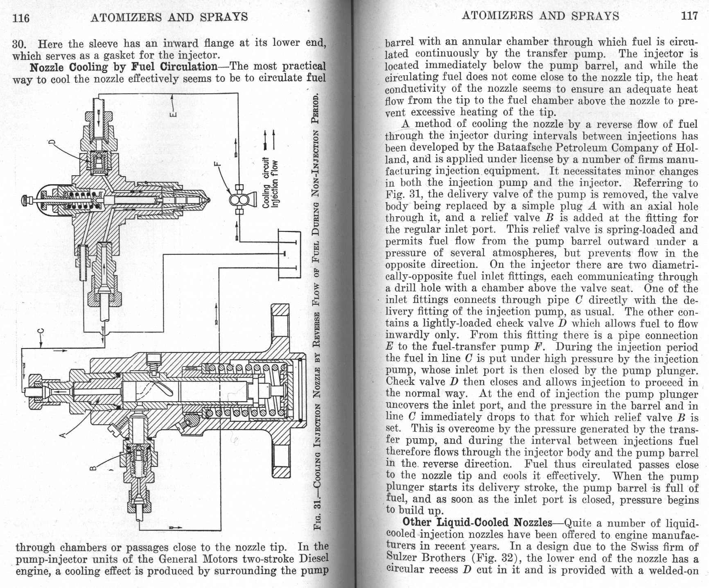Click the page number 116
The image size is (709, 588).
[x=21, y=18]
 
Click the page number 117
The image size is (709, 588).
[x=689, y=16]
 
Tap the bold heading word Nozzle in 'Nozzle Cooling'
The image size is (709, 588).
[x=47, y=67]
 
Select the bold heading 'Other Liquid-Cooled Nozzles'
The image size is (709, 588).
[x=477, y=522]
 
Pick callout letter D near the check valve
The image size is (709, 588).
[x=52, y=143]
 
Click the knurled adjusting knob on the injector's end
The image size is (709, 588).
[x=25, y=200]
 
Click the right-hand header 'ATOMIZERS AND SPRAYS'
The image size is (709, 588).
[x=540, y=16]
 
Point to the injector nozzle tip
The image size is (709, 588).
[x=208, y=200]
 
